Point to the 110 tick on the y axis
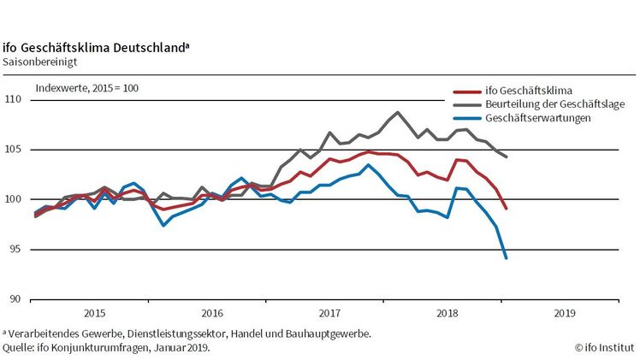point(14,100)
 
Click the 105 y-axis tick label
point(14,150)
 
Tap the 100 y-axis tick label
point(14,200)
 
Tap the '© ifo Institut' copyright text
point(603,348)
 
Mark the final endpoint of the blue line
point(507,257)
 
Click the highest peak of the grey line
point(398,112)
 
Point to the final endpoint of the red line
point(507,208)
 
